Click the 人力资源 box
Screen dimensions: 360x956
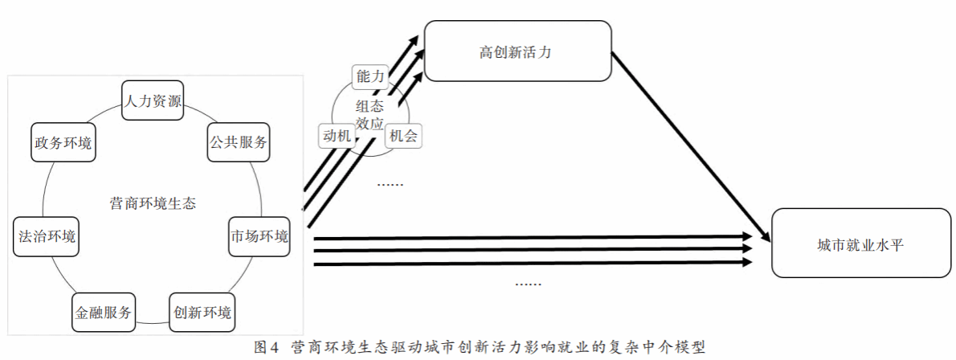(x=153, y=100)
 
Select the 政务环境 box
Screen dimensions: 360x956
(x=63, y=143)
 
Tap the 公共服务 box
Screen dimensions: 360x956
(x=238, y=142)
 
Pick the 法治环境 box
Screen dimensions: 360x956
(x=47, y=236)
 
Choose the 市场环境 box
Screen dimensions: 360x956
(x=259, y=236)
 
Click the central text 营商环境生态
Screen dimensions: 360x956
(x=153, y=203)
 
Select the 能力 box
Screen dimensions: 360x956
(x=370, y=76)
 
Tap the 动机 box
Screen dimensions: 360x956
(x=336, y=135)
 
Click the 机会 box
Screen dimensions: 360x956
(x=403, y=136)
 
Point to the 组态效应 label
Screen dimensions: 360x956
(x=370, y=114)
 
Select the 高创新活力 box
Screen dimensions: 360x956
(x=517, y=51)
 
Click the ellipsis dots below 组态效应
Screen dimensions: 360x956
(x=390, y=184)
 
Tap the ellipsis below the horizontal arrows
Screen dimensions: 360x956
(x=528, y=284)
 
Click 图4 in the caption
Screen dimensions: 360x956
(x=266, y=348)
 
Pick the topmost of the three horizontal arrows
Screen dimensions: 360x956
(x=530, y=238)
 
